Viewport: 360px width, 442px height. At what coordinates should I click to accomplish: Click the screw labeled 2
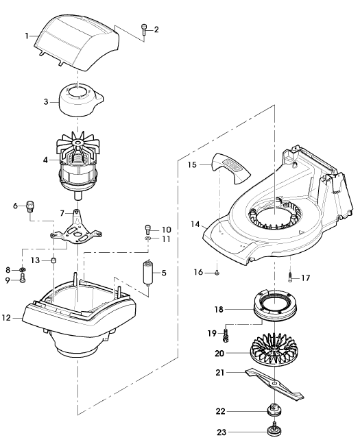tap(144, 29)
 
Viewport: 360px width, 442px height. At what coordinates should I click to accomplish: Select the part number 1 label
tap(27, 36)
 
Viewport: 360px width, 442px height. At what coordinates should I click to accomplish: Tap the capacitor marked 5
tap(148, 272)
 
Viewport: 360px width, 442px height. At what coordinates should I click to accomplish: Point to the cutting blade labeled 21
tap(274, 384)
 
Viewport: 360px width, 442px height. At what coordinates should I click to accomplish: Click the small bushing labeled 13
tap(53, 260)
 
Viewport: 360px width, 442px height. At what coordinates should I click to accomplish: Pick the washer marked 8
tap(22, 270)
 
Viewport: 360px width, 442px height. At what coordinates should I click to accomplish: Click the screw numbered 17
tap(289, 277)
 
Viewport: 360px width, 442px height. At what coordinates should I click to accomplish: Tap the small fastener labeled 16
tap(217, 273)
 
